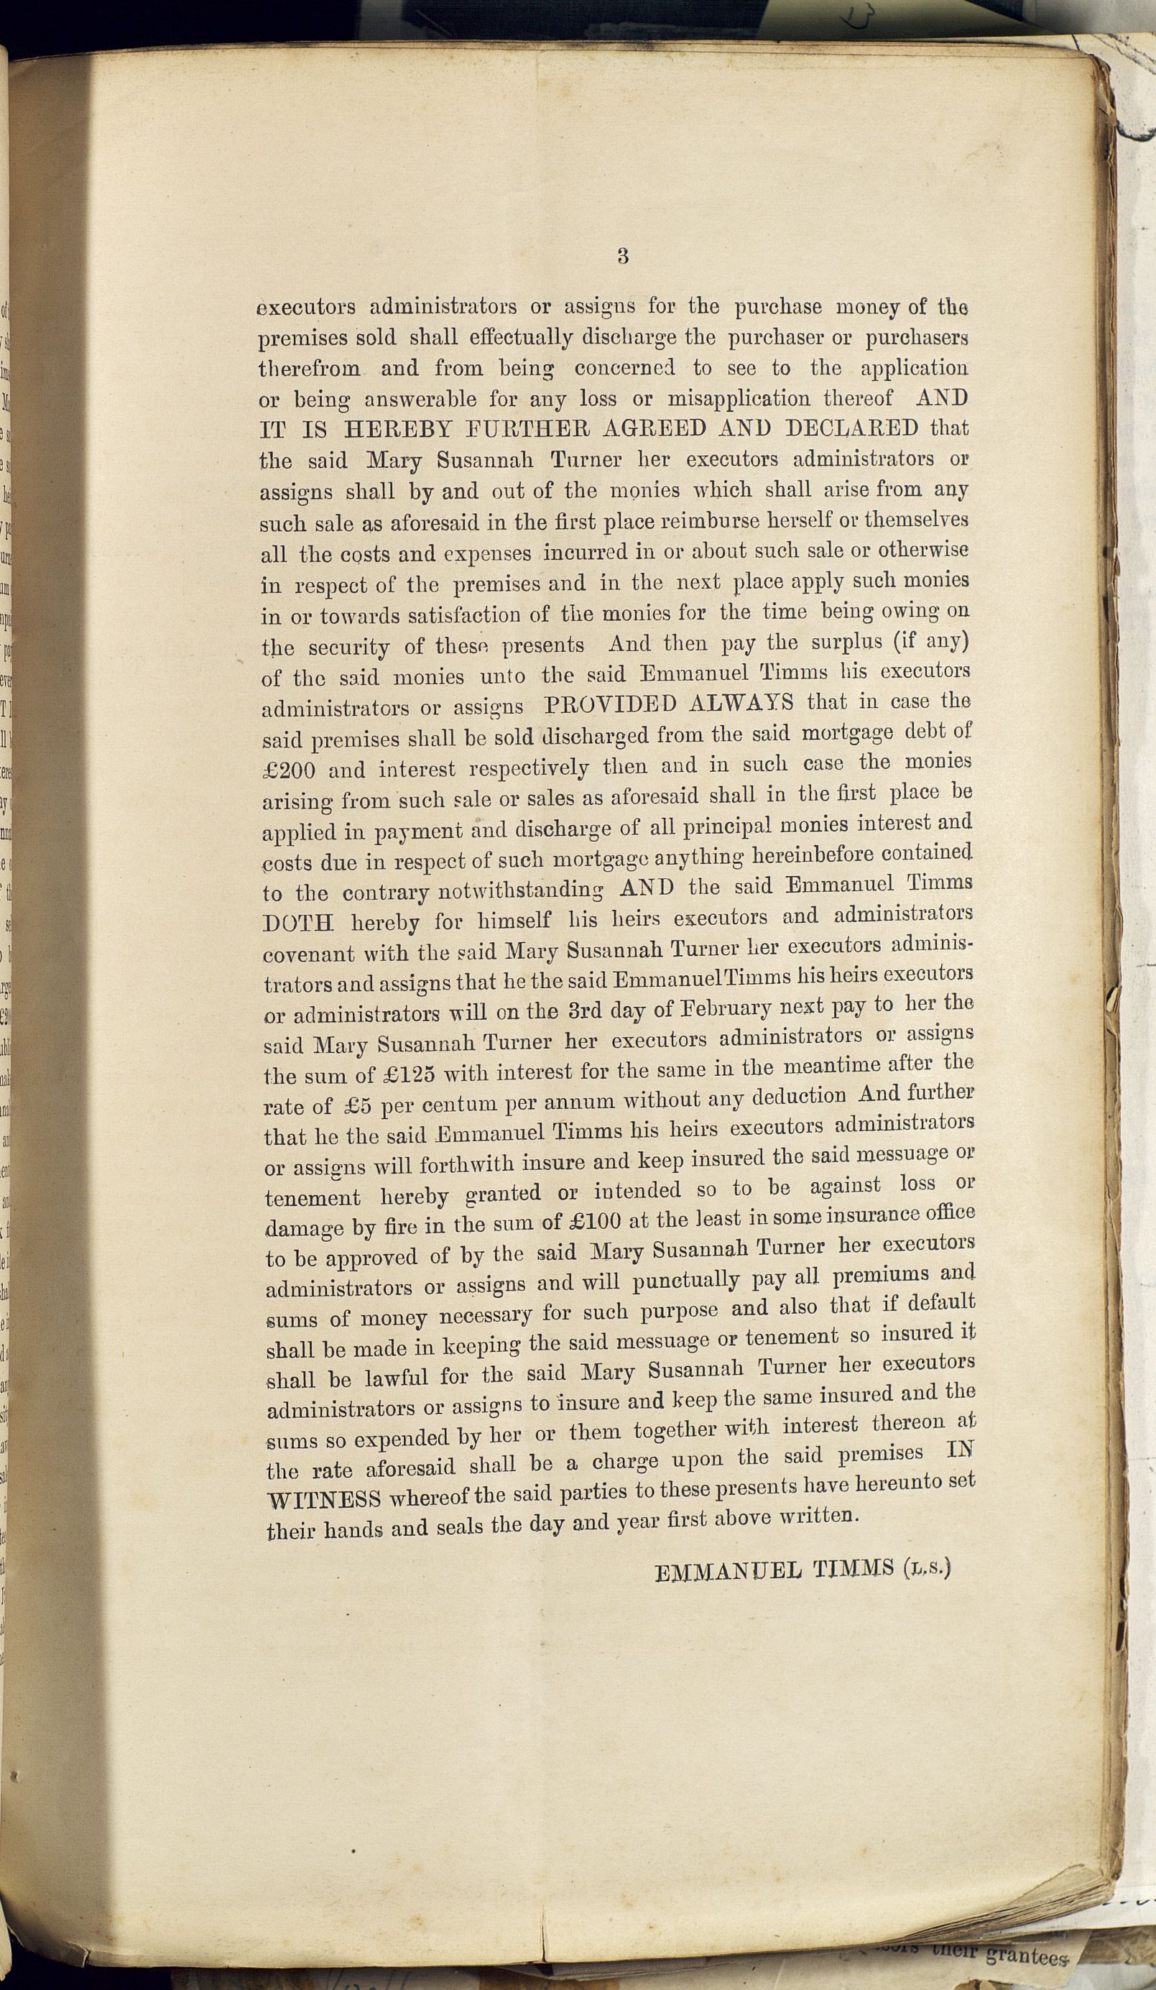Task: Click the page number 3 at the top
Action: coord(623,256)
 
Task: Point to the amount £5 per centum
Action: coord(349,1105)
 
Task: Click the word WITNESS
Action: coord(325,1736)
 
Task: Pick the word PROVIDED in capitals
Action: coord(611,704)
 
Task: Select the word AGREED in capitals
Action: coord(640,429)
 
